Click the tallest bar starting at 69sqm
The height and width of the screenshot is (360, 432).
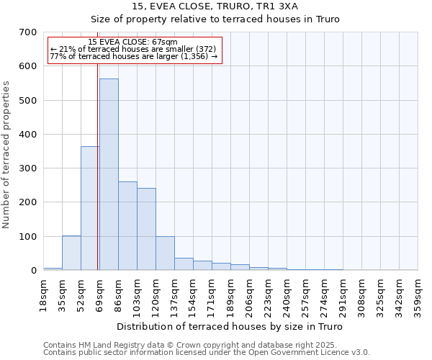109,174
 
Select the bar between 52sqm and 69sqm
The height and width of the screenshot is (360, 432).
89,209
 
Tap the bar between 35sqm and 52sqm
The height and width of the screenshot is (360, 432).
71,253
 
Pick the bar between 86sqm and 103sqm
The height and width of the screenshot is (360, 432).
127,226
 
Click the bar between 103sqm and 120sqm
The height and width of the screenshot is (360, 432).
146,229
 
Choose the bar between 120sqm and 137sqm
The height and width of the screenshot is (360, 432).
165,253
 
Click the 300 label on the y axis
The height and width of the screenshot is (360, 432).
29,168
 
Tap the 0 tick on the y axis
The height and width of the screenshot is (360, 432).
34,271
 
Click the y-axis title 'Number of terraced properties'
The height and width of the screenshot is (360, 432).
6,154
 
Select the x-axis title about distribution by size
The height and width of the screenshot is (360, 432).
230,327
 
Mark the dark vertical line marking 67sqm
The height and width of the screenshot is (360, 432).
97,166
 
